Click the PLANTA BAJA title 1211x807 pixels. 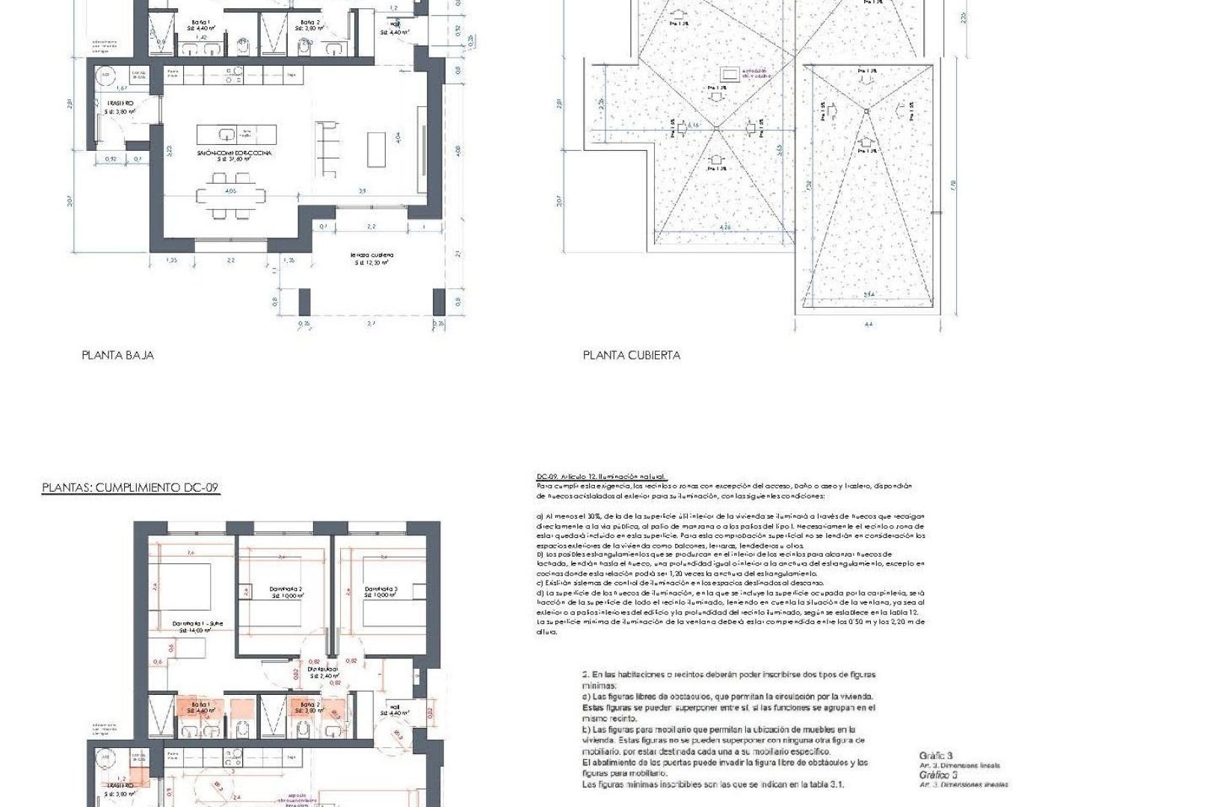pos(117,356)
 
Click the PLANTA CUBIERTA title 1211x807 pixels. pos(631,356)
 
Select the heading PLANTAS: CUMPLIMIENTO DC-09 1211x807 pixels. pos(130,488)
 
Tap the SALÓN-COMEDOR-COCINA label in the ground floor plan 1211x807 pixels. pos(234,152)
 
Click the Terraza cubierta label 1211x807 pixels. pos(372,256)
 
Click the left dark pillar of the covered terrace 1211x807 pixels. pos(304,302)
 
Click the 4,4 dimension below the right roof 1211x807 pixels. pos(868,324)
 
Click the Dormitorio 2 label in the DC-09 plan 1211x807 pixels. pos(286,590)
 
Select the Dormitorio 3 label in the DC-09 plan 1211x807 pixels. pos(380,590)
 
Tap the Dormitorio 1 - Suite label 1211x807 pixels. pos(193,624)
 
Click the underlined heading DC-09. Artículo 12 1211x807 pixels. pos(600,477)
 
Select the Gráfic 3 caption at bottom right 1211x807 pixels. pos(935,755)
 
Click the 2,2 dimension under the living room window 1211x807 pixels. pos(230,260)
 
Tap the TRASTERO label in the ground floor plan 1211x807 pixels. pos(120,103)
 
